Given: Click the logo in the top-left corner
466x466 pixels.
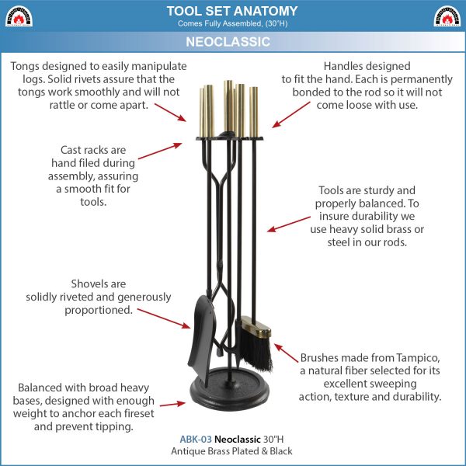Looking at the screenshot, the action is pos(19,16).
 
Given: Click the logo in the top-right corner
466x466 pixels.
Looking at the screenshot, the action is pos(447,16).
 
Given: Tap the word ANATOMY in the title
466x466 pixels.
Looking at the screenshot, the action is pos(265,12).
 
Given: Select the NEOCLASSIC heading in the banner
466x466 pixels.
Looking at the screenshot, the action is pos(228,42).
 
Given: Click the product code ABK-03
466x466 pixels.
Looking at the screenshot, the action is pos(196,440).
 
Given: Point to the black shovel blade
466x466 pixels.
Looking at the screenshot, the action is pos(201,339).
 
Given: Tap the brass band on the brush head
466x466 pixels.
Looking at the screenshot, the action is pos(256,328).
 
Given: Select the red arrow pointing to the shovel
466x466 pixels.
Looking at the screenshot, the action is pos(164,318).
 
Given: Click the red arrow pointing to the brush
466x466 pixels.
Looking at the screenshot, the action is pos(286,353).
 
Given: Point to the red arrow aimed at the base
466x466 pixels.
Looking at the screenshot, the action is pos(172,404).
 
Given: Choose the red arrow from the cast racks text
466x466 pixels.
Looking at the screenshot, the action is pos(160,151).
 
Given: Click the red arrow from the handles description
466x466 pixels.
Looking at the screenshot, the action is pos(291,115).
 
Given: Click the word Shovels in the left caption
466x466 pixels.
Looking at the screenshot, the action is pos(86,283).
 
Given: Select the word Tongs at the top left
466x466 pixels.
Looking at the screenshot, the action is pos(25,67).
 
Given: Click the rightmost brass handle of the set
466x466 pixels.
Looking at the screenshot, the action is pos(253,112).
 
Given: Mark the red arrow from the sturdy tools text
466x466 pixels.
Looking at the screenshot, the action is pos(289,224).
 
